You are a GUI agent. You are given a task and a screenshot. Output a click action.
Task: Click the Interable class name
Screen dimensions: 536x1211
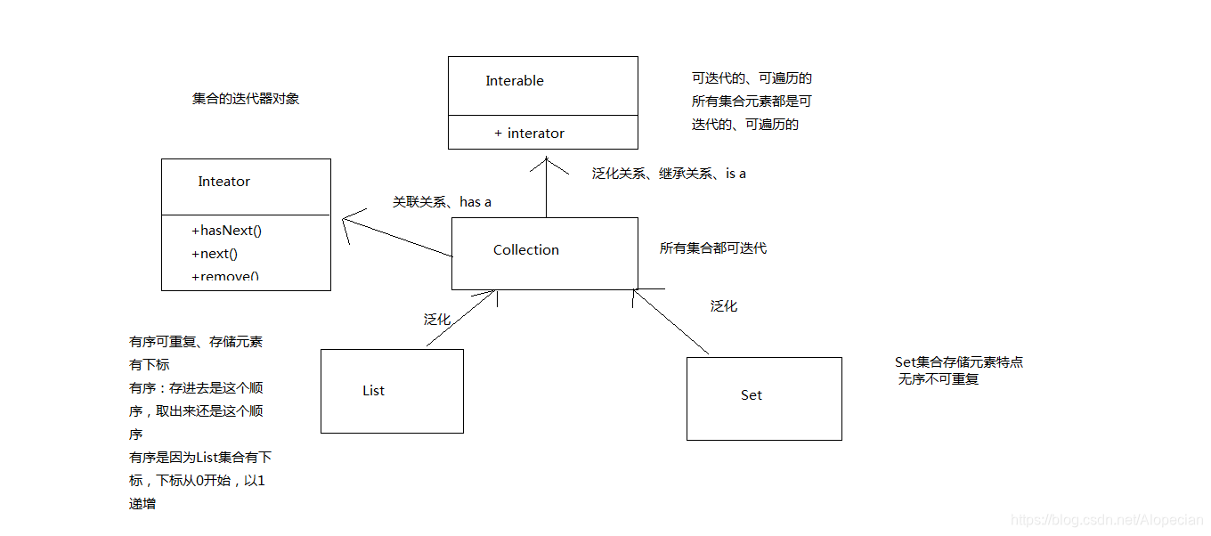(x=515, y=81)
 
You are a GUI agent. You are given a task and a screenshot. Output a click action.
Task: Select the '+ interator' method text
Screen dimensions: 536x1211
(x=529, y=134)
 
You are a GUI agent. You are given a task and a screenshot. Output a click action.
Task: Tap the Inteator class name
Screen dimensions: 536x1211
(x=224, y=182)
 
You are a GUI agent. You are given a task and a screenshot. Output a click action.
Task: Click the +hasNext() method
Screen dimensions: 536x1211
(x=226, y=231)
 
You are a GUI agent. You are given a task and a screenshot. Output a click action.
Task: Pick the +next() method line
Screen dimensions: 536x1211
(x=214, y=254)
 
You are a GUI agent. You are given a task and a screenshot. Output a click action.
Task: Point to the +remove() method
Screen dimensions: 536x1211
(x=224, y=276)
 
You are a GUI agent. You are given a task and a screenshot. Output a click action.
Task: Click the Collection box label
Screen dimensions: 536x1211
(x=526, y=250)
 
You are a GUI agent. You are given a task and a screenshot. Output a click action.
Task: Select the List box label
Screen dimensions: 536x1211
(x=374, y=391)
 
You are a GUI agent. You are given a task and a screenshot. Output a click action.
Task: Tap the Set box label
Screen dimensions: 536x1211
(x=751, y=395)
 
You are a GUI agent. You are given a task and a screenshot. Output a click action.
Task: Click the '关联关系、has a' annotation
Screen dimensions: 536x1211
(x=443, y=202)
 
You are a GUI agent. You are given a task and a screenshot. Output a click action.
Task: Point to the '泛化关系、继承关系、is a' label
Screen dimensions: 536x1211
(x=669, y=174)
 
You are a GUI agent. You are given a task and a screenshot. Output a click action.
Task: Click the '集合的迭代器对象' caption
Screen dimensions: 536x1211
(x=246, y=99)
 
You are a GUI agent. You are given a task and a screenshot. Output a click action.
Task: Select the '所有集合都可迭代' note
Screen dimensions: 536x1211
(x=713, y=248)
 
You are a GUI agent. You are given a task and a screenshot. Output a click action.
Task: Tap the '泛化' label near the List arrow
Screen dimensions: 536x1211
(x=436, y=319)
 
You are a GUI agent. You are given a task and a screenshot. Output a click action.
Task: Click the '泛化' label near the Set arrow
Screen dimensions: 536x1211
(x=724, y=306)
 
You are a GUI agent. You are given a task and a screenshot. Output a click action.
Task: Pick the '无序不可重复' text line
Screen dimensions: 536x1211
(x=939, y=379)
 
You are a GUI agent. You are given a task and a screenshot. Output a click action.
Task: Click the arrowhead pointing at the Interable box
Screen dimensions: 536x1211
(x=546, y=162)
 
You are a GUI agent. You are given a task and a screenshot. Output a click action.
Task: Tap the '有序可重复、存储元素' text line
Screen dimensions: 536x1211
(x=196, y=342)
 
